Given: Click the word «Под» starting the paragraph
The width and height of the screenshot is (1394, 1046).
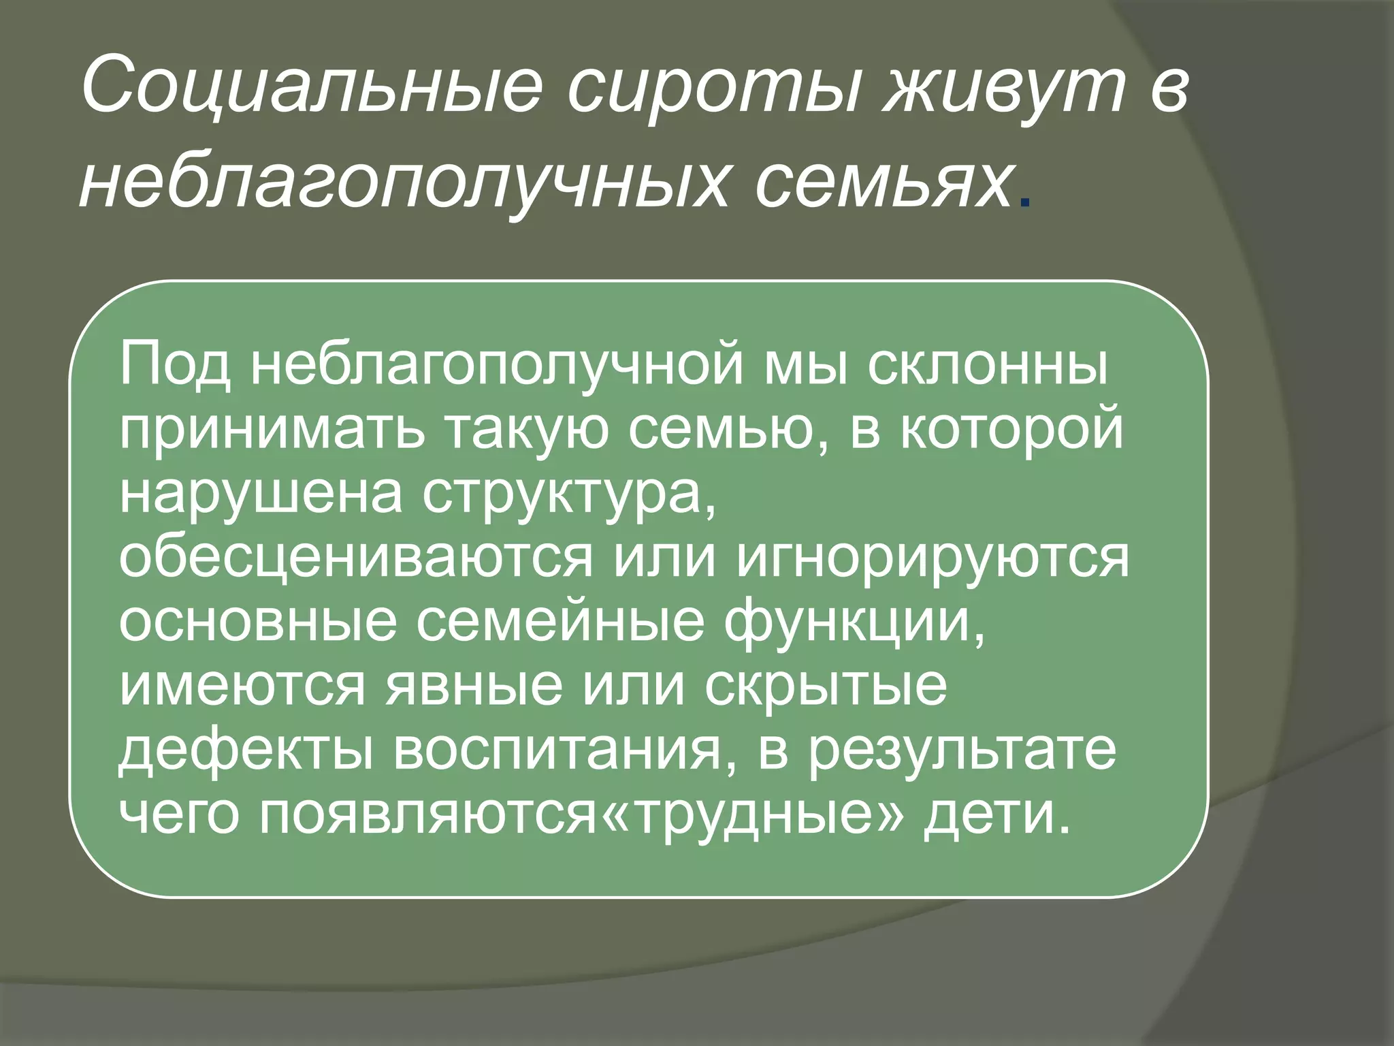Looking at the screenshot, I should (x=175, y=366).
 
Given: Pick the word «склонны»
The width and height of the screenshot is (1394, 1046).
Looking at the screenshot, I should (x=988, y=366).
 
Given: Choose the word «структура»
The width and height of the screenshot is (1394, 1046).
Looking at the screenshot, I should (x=569, y=496).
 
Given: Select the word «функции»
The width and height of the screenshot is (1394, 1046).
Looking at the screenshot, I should (x=854, y=622).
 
